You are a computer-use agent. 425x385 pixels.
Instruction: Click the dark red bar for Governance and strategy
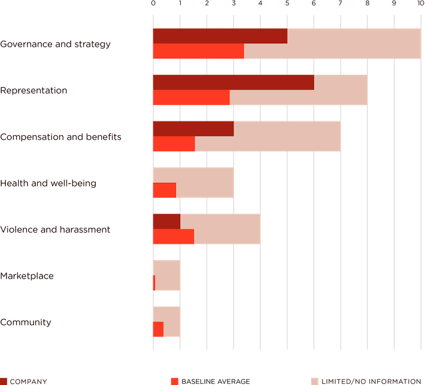tap(220, 36)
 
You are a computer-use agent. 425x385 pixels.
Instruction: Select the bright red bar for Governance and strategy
tap(198, 51)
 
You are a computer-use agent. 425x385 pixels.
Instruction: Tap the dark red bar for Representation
tap(233, 82)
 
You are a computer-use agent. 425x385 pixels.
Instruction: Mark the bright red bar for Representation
tap(191, 97)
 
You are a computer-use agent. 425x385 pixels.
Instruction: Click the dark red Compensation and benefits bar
tap(193, 129)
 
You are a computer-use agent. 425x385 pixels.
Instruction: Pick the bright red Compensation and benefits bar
tap(174, 144)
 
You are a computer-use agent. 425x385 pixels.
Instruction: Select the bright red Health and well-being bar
tap(164, 190)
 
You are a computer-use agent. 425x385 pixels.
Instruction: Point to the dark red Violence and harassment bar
tap(166, 221)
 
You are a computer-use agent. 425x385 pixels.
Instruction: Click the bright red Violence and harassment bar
tap(173, 237)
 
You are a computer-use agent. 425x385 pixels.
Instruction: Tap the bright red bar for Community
tap(158, 329)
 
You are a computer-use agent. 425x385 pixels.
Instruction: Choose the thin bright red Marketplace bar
tap(154, 283)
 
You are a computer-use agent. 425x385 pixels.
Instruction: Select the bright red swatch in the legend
tap(175, 381)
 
